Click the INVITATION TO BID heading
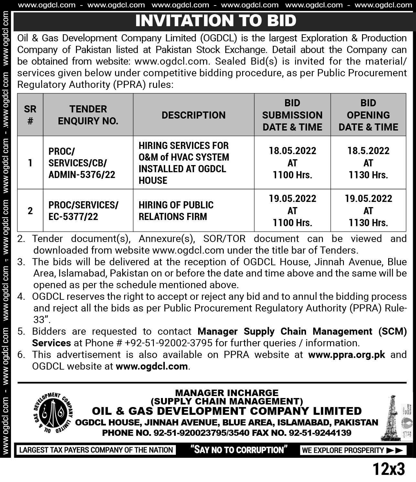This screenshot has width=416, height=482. pyautogui.click(x=216, y=20)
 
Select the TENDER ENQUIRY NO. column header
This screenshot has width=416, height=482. pyautogui.click(x=88, y=115)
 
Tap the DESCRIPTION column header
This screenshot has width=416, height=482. pyautogui.click(x=193, y=115)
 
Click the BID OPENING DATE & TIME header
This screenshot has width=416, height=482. pyautogui.click(x=368, y=115)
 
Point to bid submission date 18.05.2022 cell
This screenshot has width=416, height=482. pyautogui.click(x=292, y=163)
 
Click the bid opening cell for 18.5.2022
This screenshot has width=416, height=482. pyautogui.click(x=368, y=163)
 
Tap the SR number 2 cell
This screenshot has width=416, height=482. pyautogui.click(x=30, y=211)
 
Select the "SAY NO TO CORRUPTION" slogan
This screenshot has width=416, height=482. pyautogui.click(x=239, y=450)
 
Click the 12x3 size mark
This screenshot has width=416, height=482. pyautogui.click(x=389, y=469)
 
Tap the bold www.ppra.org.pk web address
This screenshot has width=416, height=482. pyautogui.click(x=347, y=354)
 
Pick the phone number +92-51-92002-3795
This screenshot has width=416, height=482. pyautogui.click(x=168, y=343)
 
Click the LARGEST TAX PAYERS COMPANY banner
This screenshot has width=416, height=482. pyautogui.click(x=96, y=450)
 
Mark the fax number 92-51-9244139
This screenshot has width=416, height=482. pyautogui.click(x=320, y=433)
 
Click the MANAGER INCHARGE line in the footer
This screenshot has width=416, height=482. pyautogui.click(x=227, y=393)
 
